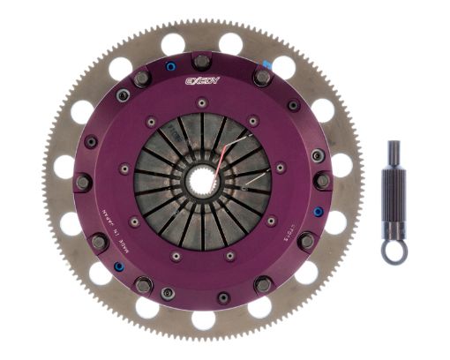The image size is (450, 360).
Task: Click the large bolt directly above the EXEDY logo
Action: [x=201, y=62]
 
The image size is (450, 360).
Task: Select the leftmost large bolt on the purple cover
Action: [x=82, y=183]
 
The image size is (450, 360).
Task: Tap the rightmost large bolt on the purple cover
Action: [x=323, y=181]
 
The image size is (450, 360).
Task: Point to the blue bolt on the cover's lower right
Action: [x=317, y=212]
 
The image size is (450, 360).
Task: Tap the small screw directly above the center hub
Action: [x=202, y=103]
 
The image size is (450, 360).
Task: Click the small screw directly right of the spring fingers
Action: [x=281, y=168]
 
